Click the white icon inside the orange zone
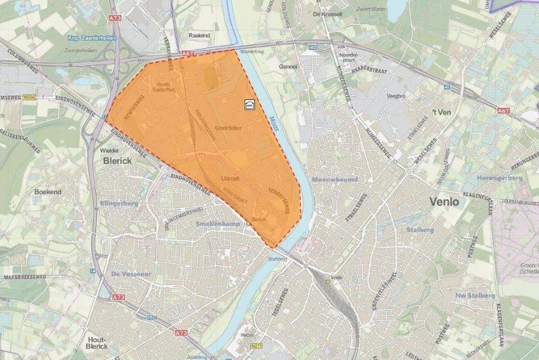coord(249,105)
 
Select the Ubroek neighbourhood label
coord(230,178)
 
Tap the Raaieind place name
coord(198,35)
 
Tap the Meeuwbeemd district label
coord(335,179)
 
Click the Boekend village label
coord(48,192)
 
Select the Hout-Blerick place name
coord(97,343)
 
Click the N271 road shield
coord(256,346)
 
